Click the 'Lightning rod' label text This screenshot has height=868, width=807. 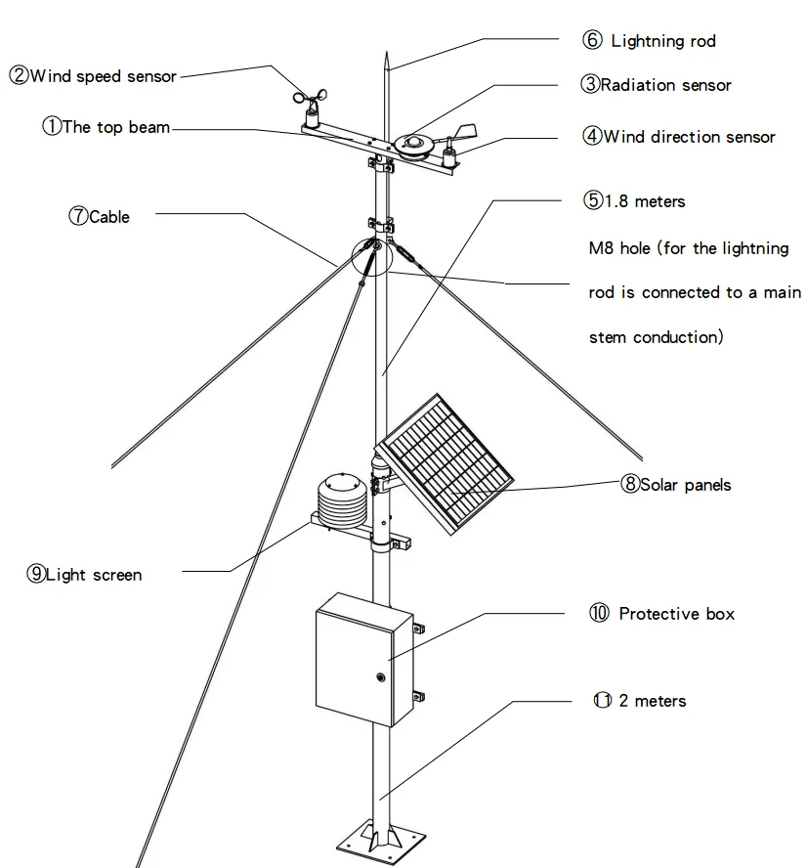(x=662, y=41)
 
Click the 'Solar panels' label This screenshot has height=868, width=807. (x=685, y=485)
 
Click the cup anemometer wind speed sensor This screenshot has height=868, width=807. (x=312, y=104)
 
